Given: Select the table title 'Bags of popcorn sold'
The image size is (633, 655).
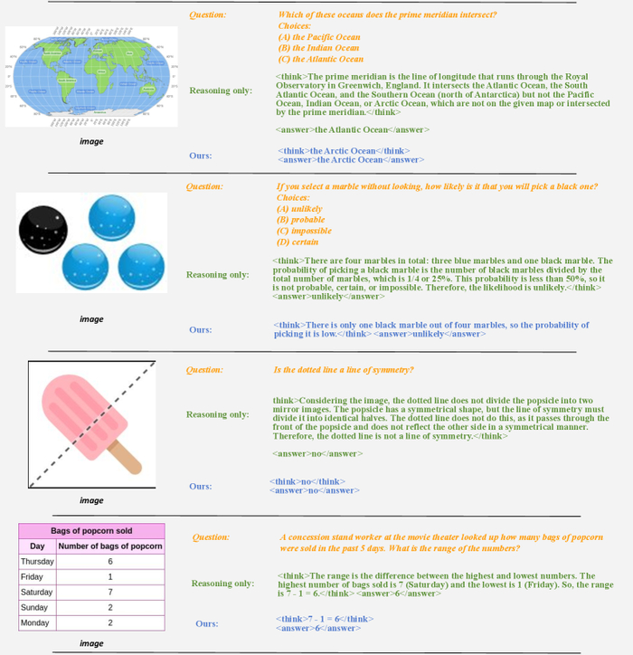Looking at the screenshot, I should pos(92,530).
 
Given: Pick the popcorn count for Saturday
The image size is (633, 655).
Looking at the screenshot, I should pos(109,593).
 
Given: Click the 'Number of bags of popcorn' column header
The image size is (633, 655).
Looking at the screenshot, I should pos(109,546).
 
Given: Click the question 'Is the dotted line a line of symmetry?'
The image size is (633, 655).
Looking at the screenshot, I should pos(344,370).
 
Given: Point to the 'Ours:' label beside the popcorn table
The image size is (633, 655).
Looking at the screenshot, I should pos(207,624).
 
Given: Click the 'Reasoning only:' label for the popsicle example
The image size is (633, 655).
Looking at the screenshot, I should pos(217,414).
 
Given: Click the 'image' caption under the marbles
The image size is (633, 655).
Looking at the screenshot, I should pos(91,319).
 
